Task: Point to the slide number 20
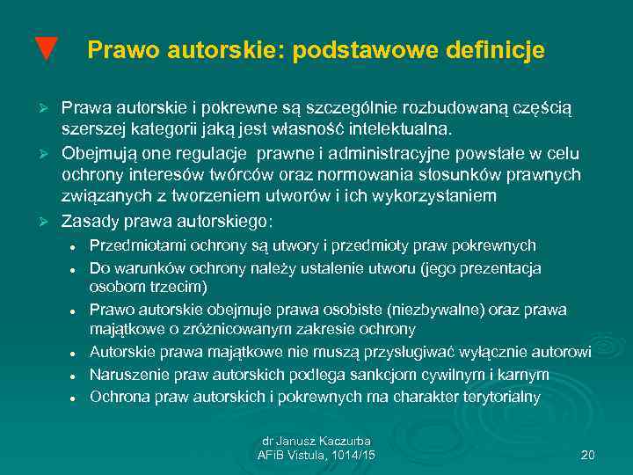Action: [x=588, y=454]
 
